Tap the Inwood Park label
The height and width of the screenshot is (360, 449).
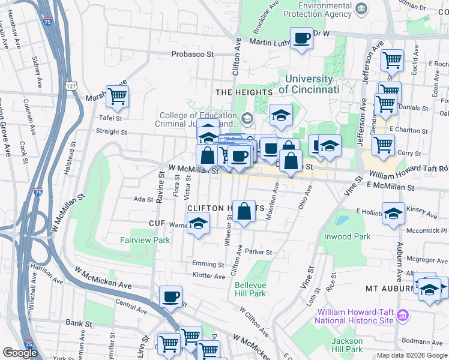click(363, 236)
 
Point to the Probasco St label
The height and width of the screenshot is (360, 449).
click(193, 54)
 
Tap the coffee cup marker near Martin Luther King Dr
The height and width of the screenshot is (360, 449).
click(302, 38)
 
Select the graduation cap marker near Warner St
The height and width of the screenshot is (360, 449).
click(197, 224)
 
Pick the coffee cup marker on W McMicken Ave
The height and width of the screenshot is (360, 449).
click(171, 296)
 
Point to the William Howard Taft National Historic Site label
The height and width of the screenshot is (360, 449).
click(355, 316)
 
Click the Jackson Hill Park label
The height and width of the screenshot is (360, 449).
click(347, 345)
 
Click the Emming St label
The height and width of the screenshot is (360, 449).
click(208, 263)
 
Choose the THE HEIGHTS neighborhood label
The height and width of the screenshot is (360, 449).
click(244, 92)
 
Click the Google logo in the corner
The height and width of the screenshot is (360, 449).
click(20, 353)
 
